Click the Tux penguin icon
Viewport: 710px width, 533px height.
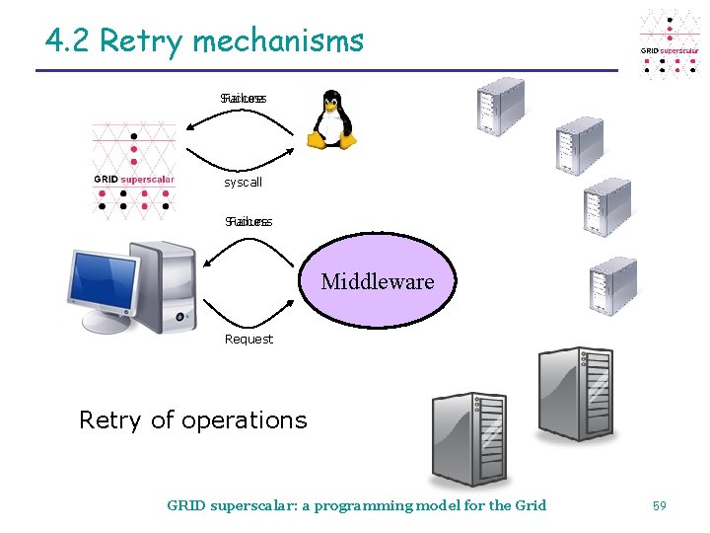[332, 119]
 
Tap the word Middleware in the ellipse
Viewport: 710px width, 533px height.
[378, 282]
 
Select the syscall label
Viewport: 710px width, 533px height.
[244, 183]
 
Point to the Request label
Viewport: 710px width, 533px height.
[248, 340]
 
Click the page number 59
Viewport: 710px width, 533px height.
[660, 505]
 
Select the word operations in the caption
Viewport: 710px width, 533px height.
[245, 420]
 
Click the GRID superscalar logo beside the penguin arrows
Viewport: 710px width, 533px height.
[134, 168]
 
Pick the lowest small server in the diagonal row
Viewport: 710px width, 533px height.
[611, 286]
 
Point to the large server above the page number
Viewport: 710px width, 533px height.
[576, 393]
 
